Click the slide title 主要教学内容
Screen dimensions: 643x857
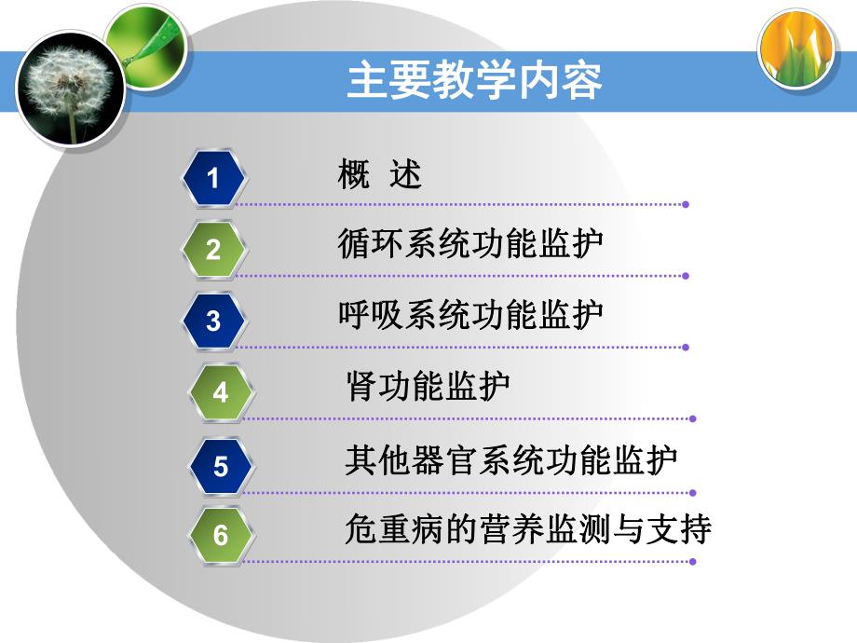pyautogui.click(x=474, y=81)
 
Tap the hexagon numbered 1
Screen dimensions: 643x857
pyautogui.click(x=213, y=177)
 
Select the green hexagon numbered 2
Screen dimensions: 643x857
pyautogui.click(x=213, y=249)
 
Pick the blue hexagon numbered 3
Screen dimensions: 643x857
pyautogui.click(x=213, y=321)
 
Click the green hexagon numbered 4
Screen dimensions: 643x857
pyautogui.click(x=220, y=392)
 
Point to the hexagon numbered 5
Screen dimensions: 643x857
pyautogui.click(x=220, y=465)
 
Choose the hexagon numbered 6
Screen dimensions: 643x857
pyautogui.click(x=220, y=536)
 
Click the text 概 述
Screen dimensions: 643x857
pyautogui.click(x=380, y=175)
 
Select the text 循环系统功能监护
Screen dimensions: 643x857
pyautogui.click(x=470, y=243)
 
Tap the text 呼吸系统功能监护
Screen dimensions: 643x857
pyautogui.click(x=470, y=314)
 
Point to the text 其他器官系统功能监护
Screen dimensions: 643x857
pyautogui.click(x=510, y=459)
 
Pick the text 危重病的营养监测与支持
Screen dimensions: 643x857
pyautogui.click(x=527, y=529)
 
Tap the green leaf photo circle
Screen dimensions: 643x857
pyautogui.click(x=146, y=47)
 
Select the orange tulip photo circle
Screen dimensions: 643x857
pyautogui.click(x=797, y=50)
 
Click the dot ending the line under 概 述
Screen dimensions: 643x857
pyautogui.click(x=686, y=204)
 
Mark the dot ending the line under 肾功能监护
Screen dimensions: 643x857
pyautogui.click(x=693, y=419)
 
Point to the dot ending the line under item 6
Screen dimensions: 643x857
pyautogui.click(x=693, y=562)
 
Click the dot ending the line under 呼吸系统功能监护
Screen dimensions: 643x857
pyautogui.click(x=686, y=348)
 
